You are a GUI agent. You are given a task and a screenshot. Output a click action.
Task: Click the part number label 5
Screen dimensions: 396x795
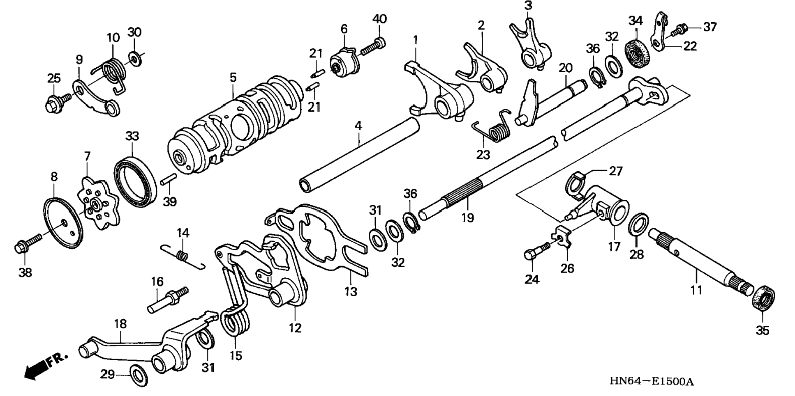point(233,77)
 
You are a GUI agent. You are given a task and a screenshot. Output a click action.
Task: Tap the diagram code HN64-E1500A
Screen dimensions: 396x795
point(651,382)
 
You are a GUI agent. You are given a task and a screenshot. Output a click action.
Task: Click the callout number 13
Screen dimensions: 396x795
point(351,292)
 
